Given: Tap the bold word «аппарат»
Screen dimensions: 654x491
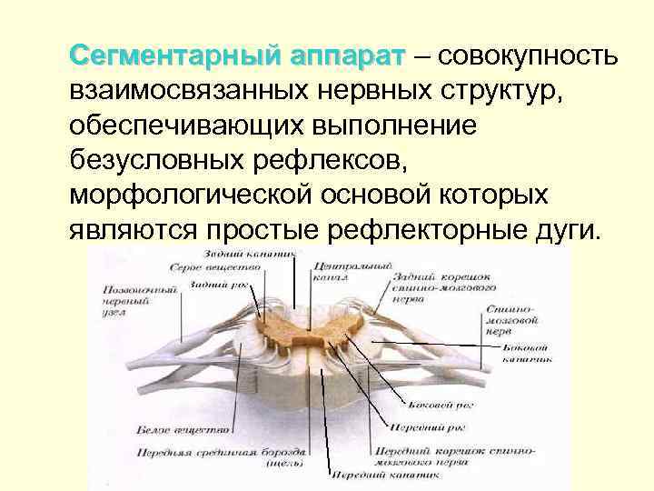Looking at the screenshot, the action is [346, 56].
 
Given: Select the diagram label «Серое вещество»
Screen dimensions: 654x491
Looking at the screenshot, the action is [204, 268].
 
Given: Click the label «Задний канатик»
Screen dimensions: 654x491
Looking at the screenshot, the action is [240, 253].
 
